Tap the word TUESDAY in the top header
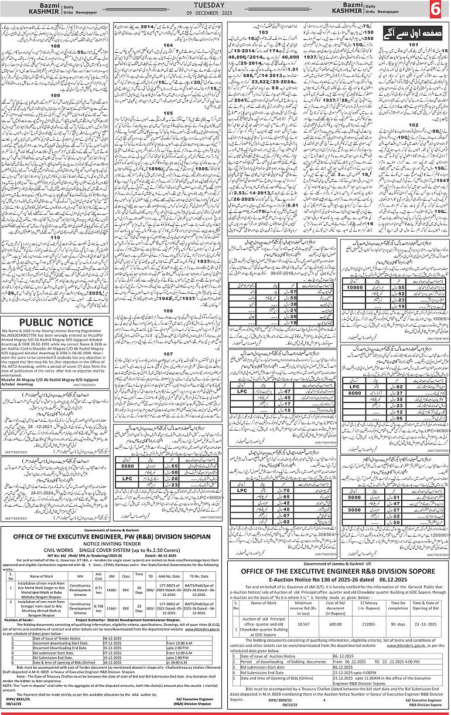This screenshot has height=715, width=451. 225,5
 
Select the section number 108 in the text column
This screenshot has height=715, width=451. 56,46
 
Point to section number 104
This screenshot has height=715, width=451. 168,45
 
